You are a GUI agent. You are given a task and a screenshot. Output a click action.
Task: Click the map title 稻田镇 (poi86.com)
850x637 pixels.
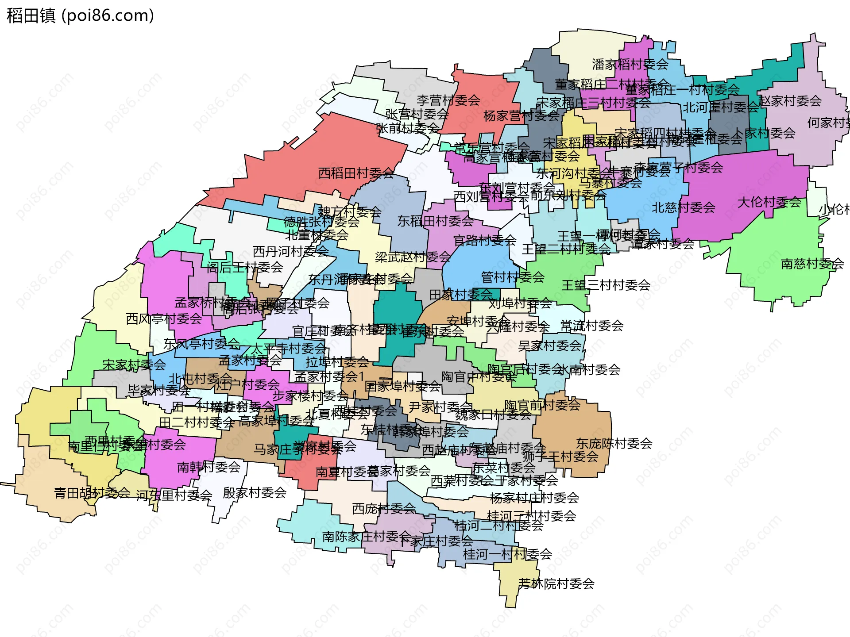(x=80, y=15)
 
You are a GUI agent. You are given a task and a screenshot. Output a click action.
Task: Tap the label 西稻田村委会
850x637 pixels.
(x=356, y=173)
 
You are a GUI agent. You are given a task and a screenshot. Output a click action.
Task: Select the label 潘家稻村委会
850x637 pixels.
(x=630, y=65)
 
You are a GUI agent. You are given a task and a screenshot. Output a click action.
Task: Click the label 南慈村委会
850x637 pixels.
(x=812, y=264)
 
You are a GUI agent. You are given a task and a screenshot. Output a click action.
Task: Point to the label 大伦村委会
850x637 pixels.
(x=769, y=202)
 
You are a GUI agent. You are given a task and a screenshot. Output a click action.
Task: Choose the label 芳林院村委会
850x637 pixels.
(x=556, y=584)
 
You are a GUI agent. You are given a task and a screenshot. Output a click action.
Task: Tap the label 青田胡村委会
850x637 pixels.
(x=92, y=493)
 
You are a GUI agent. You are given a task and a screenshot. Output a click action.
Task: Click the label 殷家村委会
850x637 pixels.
(x=255, y=493)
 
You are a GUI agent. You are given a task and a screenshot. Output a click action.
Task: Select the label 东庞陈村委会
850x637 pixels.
(x=614, y=443)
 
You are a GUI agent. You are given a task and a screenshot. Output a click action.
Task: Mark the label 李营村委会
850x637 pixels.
(x=448, y=100)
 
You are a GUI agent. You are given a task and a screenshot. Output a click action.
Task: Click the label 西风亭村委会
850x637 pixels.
(x=164, y=319)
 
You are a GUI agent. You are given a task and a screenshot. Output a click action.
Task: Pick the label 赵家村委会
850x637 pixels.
(x=790, y=101)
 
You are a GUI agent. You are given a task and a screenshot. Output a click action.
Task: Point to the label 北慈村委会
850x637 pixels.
(x=683, y=207)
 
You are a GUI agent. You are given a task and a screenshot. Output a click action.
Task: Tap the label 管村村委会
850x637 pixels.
(x=513, y=277)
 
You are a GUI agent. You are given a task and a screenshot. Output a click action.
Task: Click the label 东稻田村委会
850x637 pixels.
(x=435, y=221)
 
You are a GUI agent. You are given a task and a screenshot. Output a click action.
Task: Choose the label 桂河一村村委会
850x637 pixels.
(x=507, y=554)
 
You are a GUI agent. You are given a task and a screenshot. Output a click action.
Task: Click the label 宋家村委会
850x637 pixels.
(x=134, y=365)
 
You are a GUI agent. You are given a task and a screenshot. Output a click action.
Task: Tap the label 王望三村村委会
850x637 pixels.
(x=606, y=285)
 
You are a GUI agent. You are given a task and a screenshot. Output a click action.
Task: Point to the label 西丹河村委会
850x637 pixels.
(x=290, y=252)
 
